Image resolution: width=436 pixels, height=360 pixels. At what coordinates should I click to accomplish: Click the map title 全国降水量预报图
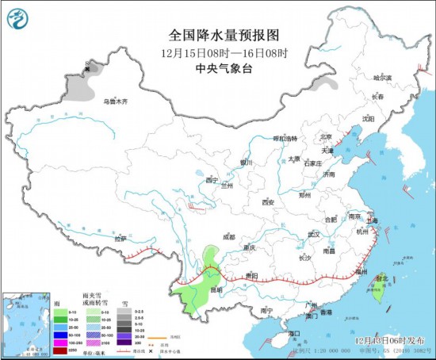coord(226,36)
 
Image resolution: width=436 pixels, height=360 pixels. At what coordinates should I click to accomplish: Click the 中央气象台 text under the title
coord(226,68)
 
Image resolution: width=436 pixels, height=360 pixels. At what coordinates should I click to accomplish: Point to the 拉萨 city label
coord(120,238)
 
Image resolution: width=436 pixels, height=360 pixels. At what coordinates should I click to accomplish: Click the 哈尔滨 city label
coord(383,78)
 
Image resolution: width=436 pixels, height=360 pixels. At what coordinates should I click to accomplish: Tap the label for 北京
coord(325,136)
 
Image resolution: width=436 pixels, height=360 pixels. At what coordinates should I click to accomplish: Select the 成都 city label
coord(229,236)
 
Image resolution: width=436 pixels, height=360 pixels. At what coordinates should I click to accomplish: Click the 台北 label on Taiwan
coord(381,278)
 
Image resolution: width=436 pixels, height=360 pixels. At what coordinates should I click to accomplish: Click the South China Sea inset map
coord(25,324)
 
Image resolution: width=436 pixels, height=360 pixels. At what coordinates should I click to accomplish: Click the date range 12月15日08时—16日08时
coord(226,53)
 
